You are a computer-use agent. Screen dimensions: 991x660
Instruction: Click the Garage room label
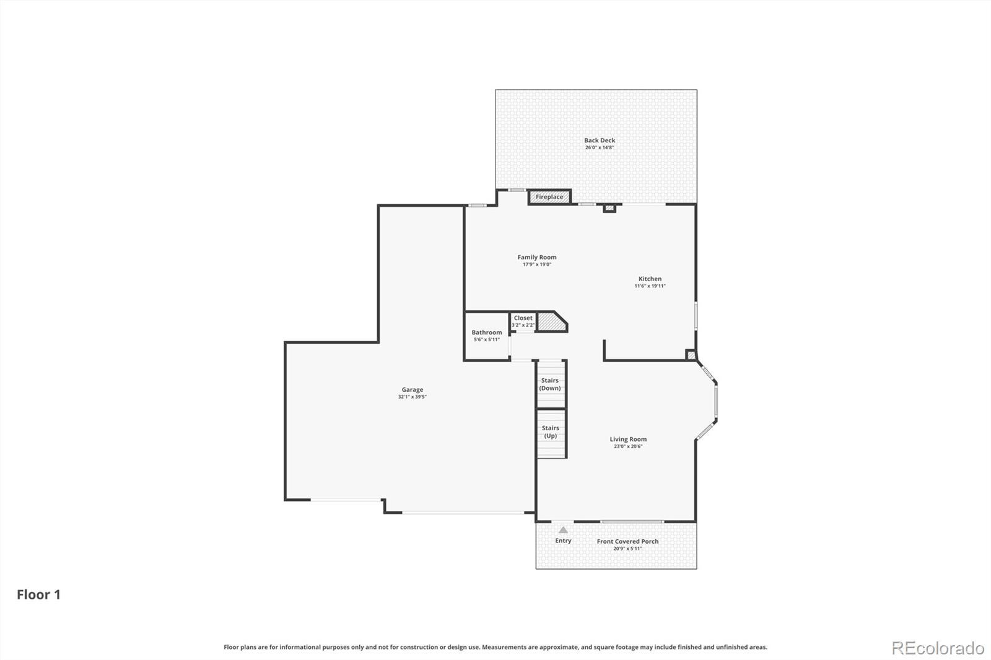[x=413, y=389]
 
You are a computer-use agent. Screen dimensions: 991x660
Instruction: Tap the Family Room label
[x=537, y=257]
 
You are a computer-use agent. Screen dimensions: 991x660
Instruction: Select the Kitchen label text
[x=650, y=279]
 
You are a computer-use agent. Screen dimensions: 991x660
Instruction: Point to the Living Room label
[x=628, y=439]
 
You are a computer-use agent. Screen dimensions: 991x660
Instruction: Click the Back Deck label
[x=600, y=140]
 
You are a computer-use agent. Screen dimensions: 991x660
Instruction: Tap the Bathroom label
[x=487, y=332]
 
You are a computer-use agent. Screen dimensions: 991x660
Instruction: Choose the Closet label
[x=523, y=318]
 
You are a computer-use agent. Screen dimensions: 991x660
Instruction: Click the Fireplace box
[x=549, y=197]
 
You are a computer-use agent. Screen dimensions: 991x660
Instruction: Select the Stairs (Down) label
[x=550, y=384]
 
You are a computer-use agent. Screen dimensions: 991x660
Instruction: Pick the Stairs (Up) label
[x=551, y=432]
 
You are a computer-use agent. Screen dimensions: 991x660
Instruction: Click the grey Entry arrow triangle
[x=563, y=530]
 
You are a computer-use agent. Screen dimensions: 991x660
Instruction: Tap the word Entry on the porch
[x=563, y=541]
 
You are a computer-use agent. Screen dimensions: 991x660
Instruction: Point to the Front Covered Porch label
[x=628, y=542]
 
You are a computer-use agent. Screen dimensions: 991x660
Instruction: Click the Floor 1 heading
[x=38, y=594]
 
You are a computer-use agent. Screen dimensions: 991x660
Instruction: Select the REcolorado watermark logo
[x=938, y=648]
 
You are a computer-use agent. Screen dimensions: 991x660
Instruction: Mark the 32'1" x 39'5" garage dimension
[x=413, y=397]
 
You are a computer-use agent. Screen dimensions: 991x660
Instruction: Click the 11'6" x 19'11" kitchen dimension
[x=650, y=286]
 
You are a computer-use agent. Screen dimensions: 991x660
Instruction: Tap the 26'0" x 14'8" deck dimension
[x=600, y=147]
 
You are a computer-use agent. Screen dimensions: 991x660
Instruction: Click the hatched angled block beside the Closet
[x=551, y=321]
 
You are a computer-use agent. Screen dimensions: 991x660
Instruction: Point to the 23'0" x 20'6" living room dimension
[x=628, y=446]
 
